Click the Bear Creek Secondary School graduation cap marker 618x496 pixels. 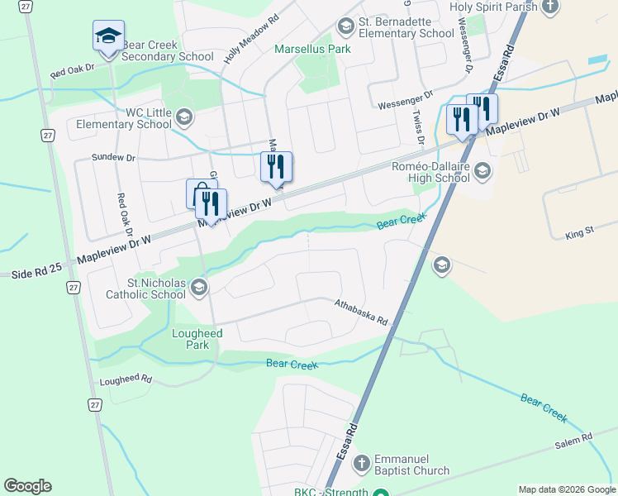pyautogui.click(x=108, y=36)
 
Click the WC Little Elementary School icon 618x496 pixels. pyautogui.click(x=184, y=117)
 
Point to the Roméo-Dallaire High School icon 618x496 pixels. pyautogui.click(x=483, y=172)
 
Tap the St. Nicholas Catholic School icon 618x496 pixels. pyautogui.click(x=197, y=288)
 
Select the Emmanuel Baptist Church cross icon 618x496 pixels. pyautogui.click(x=361, y=464)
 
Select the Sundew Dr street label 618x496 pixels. pyautogui.click(x=113, y=156)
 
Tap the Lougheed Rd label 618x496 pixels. pyautogui.click(x=126, y=380)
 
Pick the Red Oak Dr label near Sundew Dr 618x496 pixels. pyautogui.click(x=122, y=213)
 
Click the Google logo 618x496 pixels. pyautogui.click(x=27, y=486)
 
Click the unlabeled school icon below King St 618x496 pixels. pyautogui.click(x=441, y=265)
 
